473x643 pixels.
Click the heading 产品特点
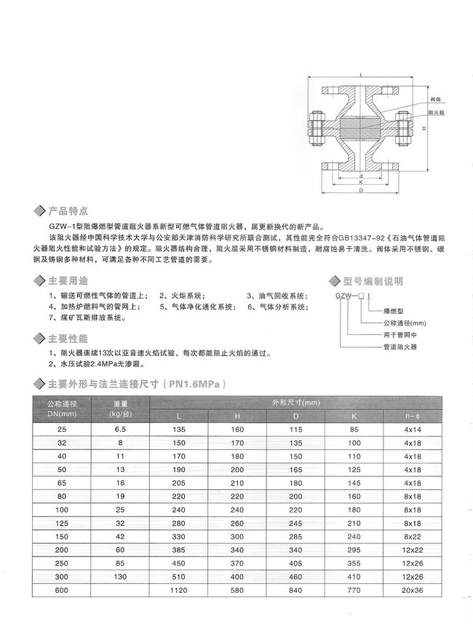[x=68, y=211]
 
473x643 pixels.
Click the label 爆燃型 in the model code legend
[x=395, y=309]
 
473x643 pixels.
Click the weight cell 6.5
[x=120, y=430]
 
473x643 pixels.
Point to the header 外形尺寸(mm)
[x=296, y=401]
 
